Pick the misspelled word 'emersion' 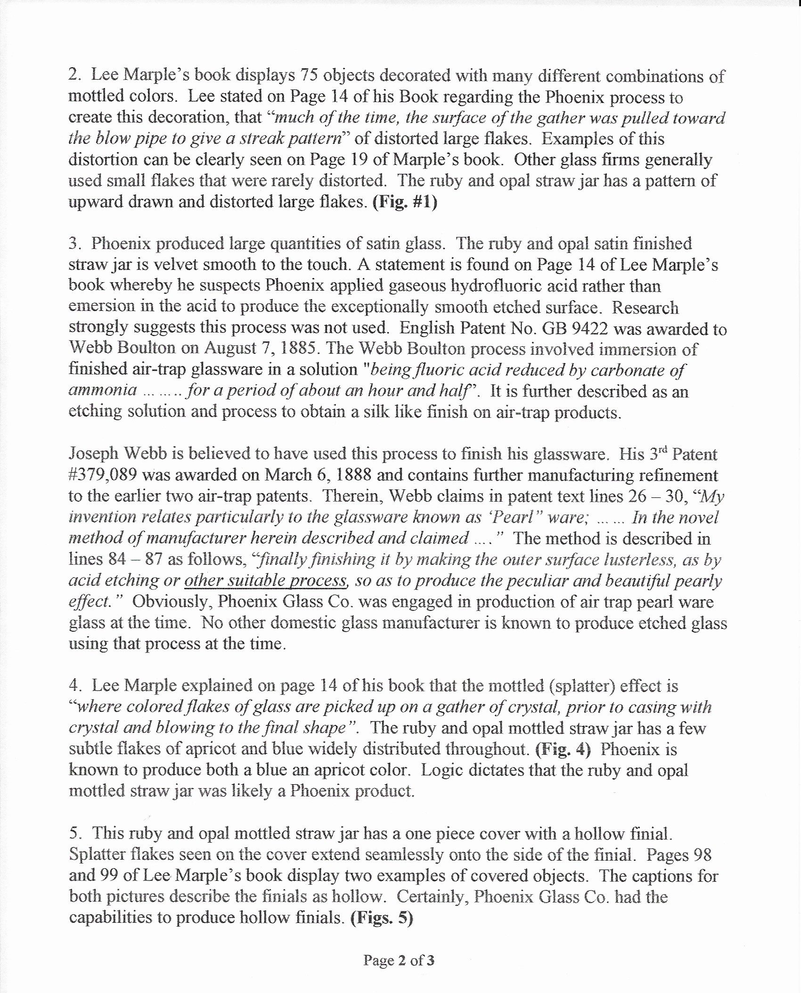[x=100, y=306]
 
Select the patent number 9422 [x=586, y=328]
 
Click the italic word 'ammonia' [x=103, y=391]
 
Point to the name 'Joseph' [x=94, y=454]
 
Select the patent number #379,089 [x=102, y=475]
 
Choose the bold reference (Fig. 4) [x=563, y=749]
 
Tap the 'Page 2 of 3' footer [x=399, y=960]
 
